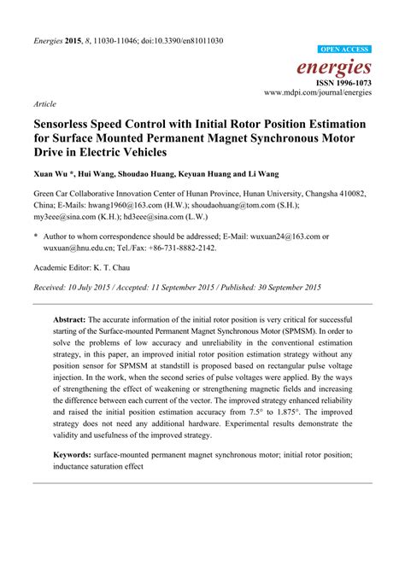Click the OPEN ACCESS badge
point(344,50)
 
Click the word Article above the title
point(45,102)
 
